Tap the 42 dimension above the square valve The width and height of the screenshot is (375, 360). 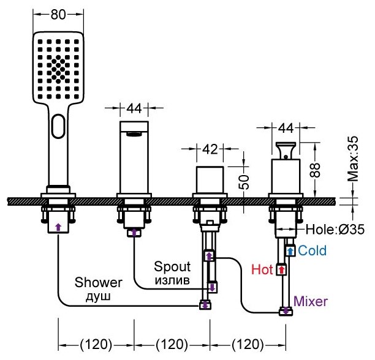pyautogui.click(x=210, y=149)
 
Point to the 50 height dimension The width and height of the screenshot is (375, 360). pyautogui.click(x=244, y=181)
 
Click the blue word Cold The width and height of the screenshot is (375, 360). pyautogui.click(x=312, y=250)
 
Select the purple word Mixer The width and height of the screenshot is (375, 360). pyautogui.click(x=311, y=301)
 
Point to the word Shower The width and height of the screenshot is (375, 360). pyautogui.click(x=99, y=282)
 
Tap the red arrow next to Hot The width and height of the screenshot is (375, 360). pyautogui.click(x=281, y=269)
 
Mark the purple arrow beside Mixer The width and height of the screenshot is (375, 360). pyautogui.click(x=285, y=311)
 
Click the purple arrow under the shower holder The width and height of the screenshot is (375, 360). pyautogui.click(x=58, y=227)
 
